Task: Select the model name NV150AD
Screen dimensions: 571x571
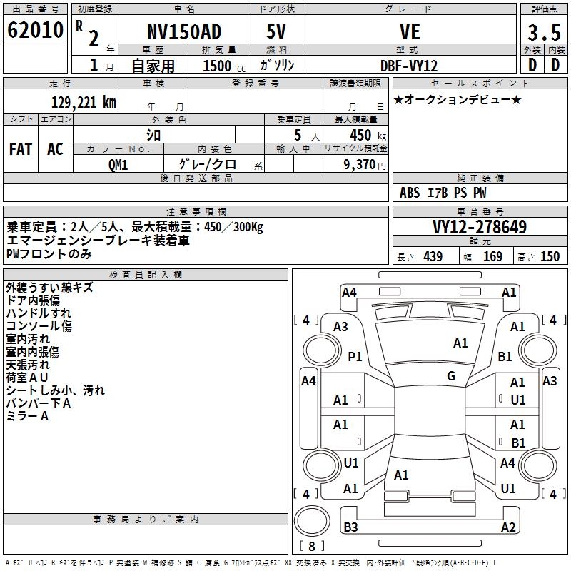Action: (182, 33)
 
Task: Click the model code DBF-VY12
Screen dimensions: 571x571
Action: (409, 65)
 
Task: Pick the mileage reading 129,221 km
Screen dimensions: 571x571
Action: (84, 102)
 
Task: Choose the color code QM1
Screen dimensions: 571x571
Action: (118, 165)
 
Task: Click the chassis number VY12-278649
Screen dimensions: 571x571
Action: (480, 227)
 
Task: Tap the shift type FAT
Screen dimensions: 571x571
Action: (21, 149)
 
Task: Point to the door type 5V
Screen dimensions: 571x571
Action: (277, 33)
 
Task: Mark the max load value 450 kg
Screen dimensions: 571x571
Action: (360, 134)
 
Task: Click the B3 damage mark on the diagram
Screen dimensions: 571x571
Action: (350, 527)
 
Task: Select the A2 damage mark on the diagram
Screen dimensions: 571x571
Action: (508, 527)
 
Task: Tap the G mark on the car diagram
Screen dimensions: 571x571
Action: (451, 376)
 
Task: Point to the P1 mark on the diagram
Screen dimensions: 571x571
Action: (355, 356)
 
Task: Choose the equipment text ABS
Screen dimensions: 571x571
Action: (410, 192)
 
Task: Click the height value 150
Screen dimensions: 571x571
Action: (550, 257)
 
